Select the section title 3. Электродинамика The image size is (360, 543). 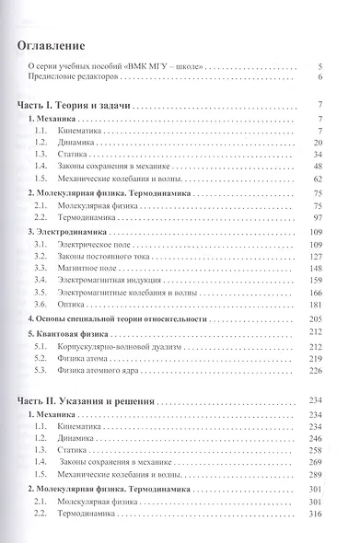tap(70, 234)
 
